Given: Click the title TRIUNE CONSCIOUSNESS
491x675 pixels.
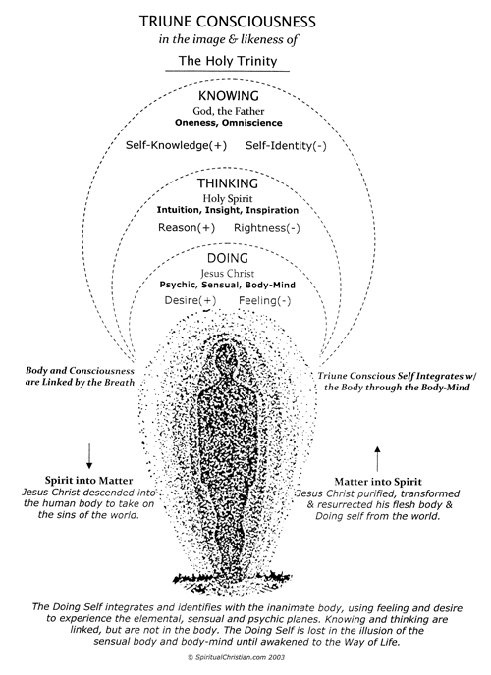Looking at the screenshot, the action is coord(228,22).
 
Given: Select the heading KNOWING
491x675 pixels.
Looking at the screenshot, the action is coord(228,95).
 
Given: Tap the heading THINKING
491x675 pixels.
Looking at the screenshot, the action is coord(228,183).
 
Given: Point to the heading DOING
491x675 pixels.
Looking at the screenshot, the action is coord(228,258).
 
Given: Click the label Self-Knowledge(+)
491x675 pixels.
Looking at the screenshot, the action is coord(176,145).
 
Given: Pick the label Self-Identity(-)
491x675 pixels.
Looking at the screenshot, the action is coord(286,146).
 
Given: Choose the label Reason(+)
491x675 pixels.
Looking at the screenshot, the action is coord(187,228).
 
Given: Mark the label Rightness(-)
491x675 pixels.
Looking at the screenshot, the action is coord(266,228).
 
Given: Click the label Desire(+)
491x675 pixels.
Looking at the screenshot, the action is coord(191,300).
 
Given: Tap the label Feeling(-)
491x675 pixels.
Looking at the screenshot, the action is coord(265,300).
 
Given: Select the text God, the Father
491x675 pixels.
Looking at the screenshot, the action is coord(228,111).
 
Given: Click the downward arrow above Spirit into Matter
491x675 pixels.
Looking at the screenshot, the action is coord(89,456).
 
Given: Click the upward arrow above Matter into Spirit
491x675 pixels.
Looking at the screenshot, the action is coord(378,459).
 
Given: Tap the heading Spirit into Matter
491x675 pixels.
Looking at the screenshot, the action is coord(88,481).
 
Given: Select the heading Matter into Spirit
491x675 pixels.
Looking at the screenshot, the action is coord(378,482).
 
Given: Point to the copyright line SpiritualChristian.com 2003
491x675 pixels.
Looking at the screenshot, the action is coord(237,657).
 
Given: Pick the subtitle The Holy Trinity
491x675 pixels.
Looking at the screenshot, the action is coord(228,60).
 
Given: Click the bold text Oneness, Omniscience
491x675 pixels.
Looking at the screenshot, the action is coord(228,123).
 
